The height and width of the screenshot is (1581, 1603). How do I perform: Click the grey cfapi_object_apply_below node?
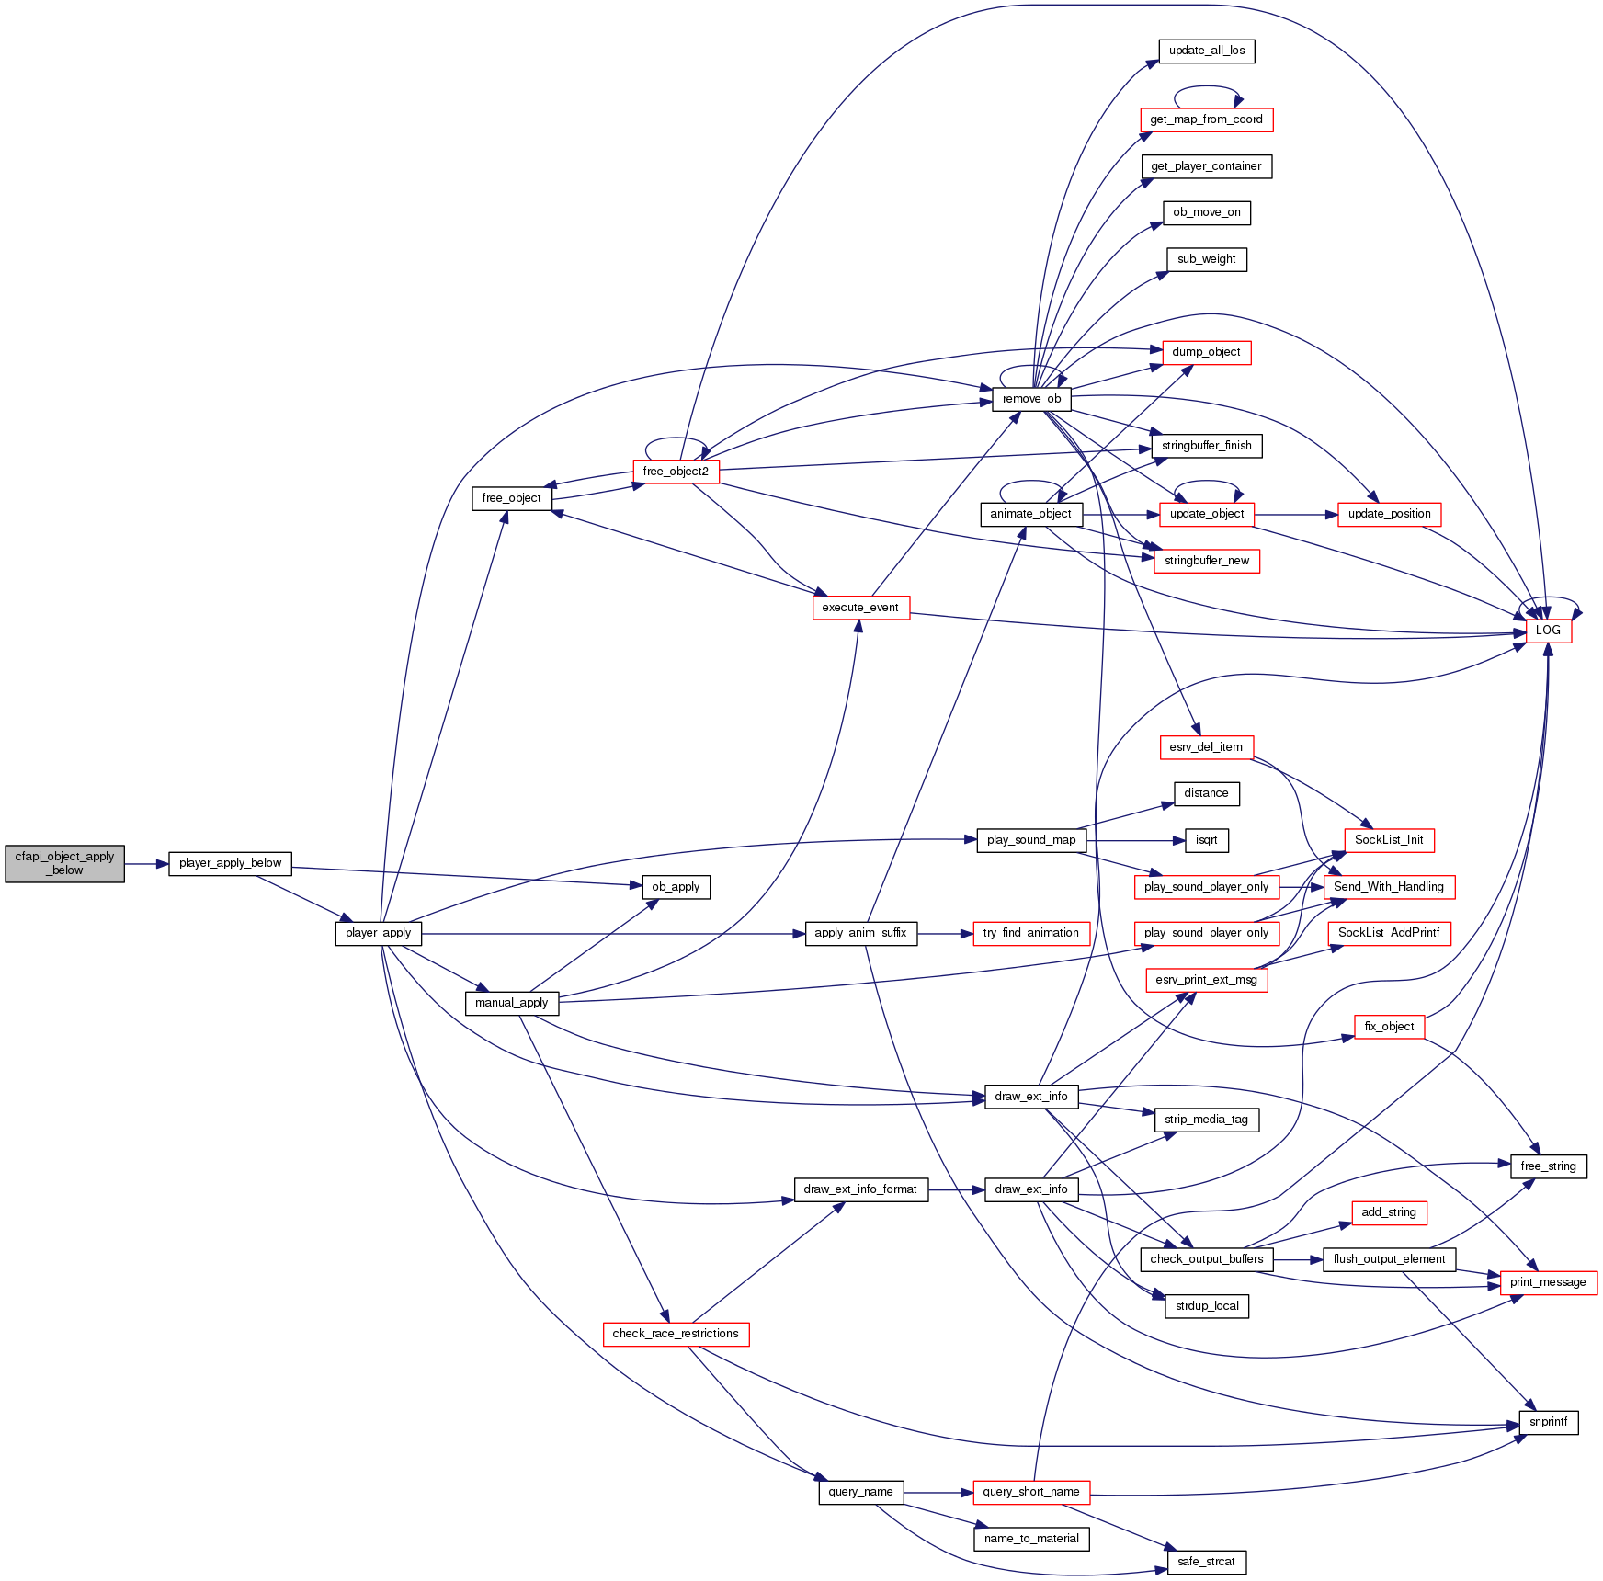pyautogui.click(x=64, y=863)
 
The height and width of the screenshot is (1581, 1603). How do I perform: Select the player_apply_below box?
pyautogui.click(x=230, y=863)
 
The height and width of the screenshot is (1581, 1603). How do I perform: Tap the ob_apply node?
pyautogui.click(x=676, y=887)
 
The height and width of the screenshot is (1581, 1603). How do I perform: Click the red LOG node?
pyautogui.click(x=1548, y=631)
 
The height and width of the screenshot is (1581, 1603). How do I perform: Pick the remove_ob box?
pyautogui.click(x=1031, y=399)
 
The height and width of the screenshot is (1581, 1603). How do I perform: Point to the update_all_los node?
pyautogui.click(x=1206, y=51)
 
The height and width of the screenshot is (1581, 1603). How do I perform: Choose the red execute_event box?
pyautogui.click(x=860, y=608)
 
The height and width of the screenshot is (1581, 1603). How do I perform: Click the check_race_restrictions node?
pyautogui.click(x=676, y=1334)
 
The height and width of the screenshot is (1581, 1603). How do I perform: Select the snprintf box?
pyautogui.click(x=1548, y=1422)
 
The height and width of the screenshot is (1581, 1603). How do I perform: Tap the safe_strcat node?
pyautogui.click(x=1206, y=1562)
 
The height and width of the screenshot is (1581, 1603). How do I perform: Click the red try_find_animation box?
pyautogui.click(x=1030, y=933)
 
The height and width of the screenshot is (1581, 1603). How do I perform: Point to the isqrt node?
pyautogui.click(x=1206, y=840)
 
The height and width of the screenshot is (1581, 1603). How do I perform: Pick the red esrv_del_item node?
pyautogui.click(x=1206, y=747)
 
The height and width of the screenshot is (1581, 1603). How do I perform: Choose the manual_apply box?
pyautogui.click(x=511, y=1003)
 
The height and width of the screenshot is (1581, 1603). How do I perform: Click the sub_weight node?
pyautogui.click(x=1206, y=259)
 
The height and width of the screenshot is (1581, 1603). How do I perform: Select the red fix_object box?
pyautogui.click(x=1389, y=1027)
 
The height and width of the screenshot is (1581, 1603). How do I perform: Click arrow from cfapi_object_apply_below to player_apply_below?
pyautogui.click(x=146, y=864)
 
